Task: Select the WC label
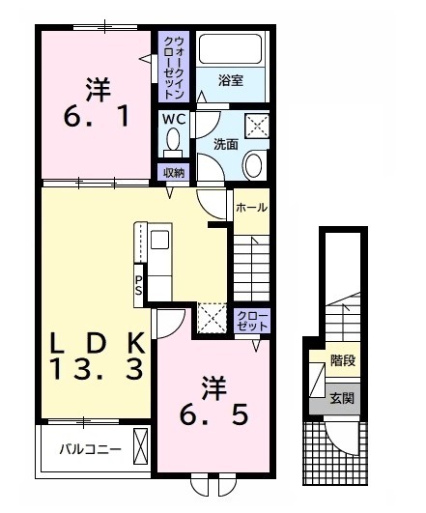pos(174,120)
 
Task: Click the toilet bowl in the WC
pos(174,144)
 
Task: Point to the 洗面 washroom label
pos(225,144)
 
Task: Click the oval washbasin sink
pos(254,164)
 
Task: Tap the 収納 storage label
pos(174,173)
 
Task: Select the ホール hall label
pos(251,207)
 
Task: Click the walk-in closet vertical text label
pos(174,66)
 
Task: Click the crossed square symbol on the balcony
pos(141,449)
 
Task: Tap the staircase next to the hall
pos(251,262)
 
